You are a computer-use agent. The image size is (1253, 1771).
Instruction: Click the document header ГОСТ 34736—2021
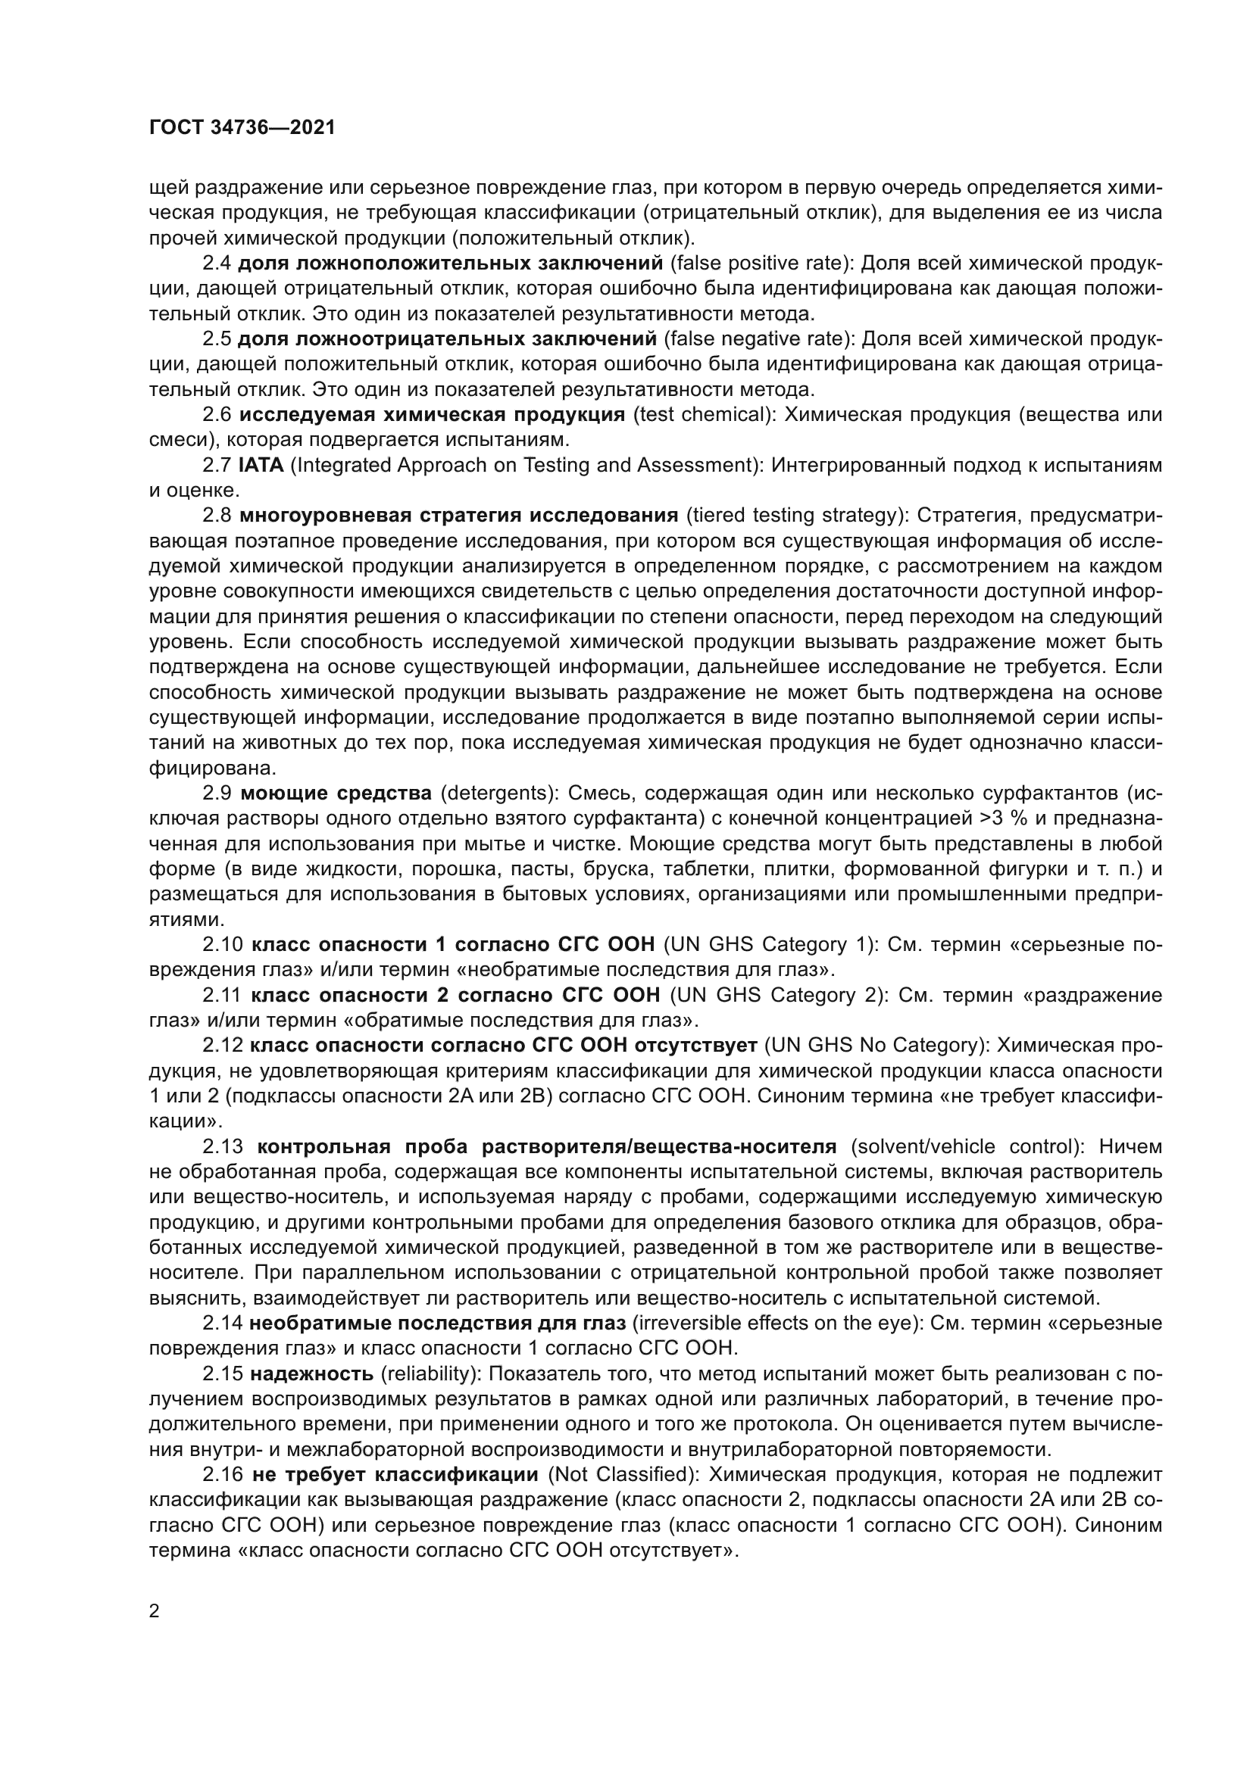[x=242, y=128]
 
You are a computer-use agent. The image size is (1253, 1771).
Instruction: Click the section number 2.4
[x=216, y=263]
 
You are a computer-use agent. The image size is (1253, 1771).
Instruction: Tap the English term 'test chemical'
[x=703, y=415]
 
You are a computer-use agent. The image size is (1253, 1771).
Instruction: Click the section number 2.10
[x=222, y=945]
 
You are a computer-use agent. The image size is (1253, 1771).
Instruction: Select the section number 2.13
[x=222, y=1146]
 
